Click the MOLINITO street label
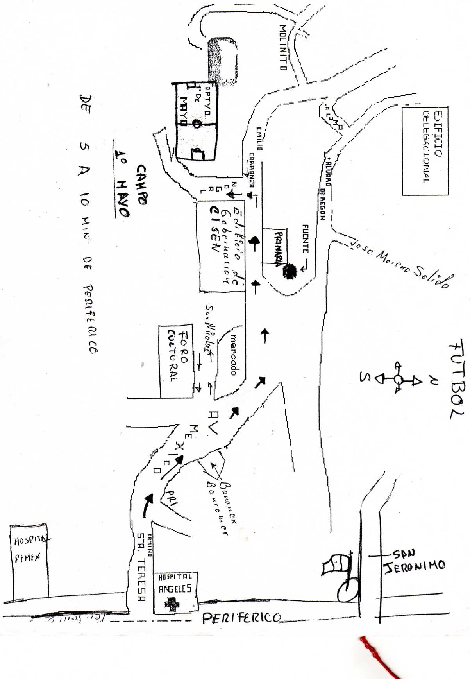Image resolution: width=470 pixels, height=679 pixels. [x=283, y=47]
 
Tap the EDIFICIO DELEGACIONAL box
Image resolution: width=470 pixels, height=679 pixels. [x=425, y=150]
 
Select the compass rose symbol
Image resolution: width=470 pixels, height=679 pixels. [x=398, y=378]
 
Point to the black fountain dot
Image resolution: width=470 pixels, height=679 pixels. [x=290, y=271]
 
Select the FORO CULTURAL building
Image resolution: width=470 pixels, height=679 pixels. [x=177, y=361]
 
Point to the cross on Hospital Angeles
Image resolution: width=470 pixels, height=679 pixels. [x=172, y=604]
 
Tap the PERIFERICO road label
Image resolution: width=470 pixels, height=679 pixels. [x=241, y=618]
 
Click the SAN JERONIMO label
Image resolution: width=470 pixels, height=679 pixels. [x=414, y=562]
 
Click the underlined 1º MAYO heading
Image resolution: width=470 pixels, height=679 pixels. [x=122, y=183]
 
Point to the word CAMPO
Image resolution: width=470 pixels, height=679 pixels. [x=141, y=184]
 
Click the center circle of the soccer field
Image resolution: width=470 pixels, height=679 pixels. [x=197, y=124]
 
